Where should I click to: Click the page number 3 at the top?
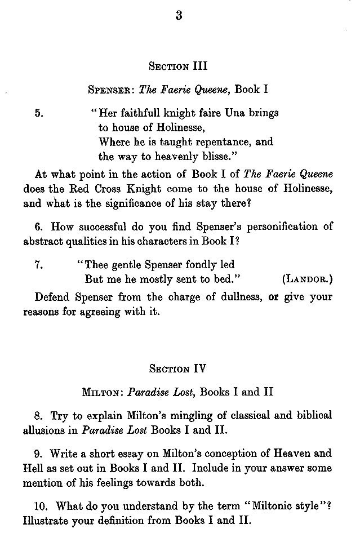[179, 16]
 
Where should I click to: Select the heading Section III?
[178, 66]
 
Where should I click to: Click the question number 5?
[38, 113]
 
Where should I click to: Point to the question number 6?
[38, 226]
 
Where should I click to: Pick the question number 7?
[38, 264]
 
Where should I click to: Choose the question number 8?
[38, 416]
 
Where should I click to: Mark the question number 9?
[38, 454]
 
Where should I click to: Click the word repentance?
[217, 142]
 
